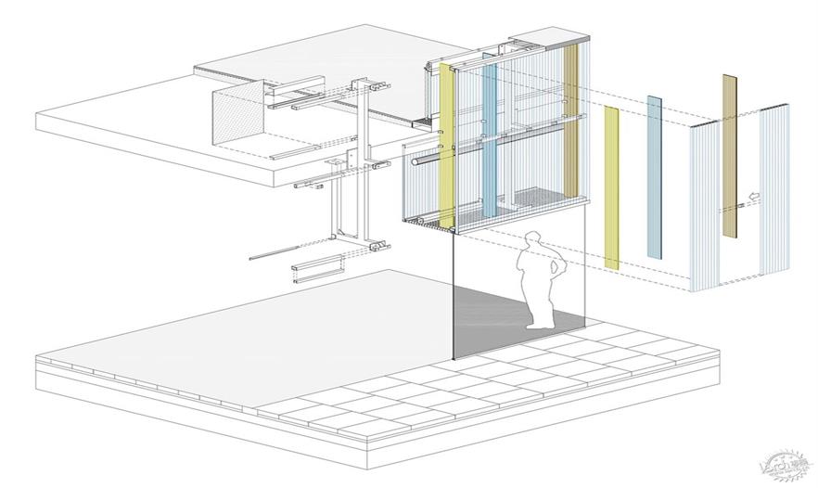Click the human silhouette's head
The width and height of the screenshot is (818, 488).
point(532,240)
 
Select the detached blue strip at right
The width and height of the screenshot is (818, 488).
point(655,176)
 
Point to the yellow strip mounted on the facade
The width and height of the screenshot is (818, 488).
point(447,148)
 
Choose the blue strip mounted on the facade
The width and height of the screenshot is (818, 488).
point(490,139)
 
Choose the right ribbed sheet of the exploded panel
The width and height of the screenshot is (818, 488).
point(773,190)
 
